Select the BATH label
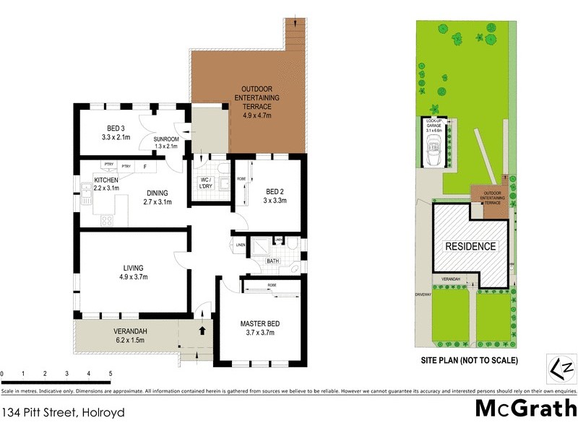point(272,261)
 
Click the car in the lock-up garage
point(436,155)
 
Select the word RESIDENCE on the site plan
point(470,246)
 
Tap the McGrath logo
point(525,408)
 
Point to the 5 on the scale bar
point(111,374)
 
